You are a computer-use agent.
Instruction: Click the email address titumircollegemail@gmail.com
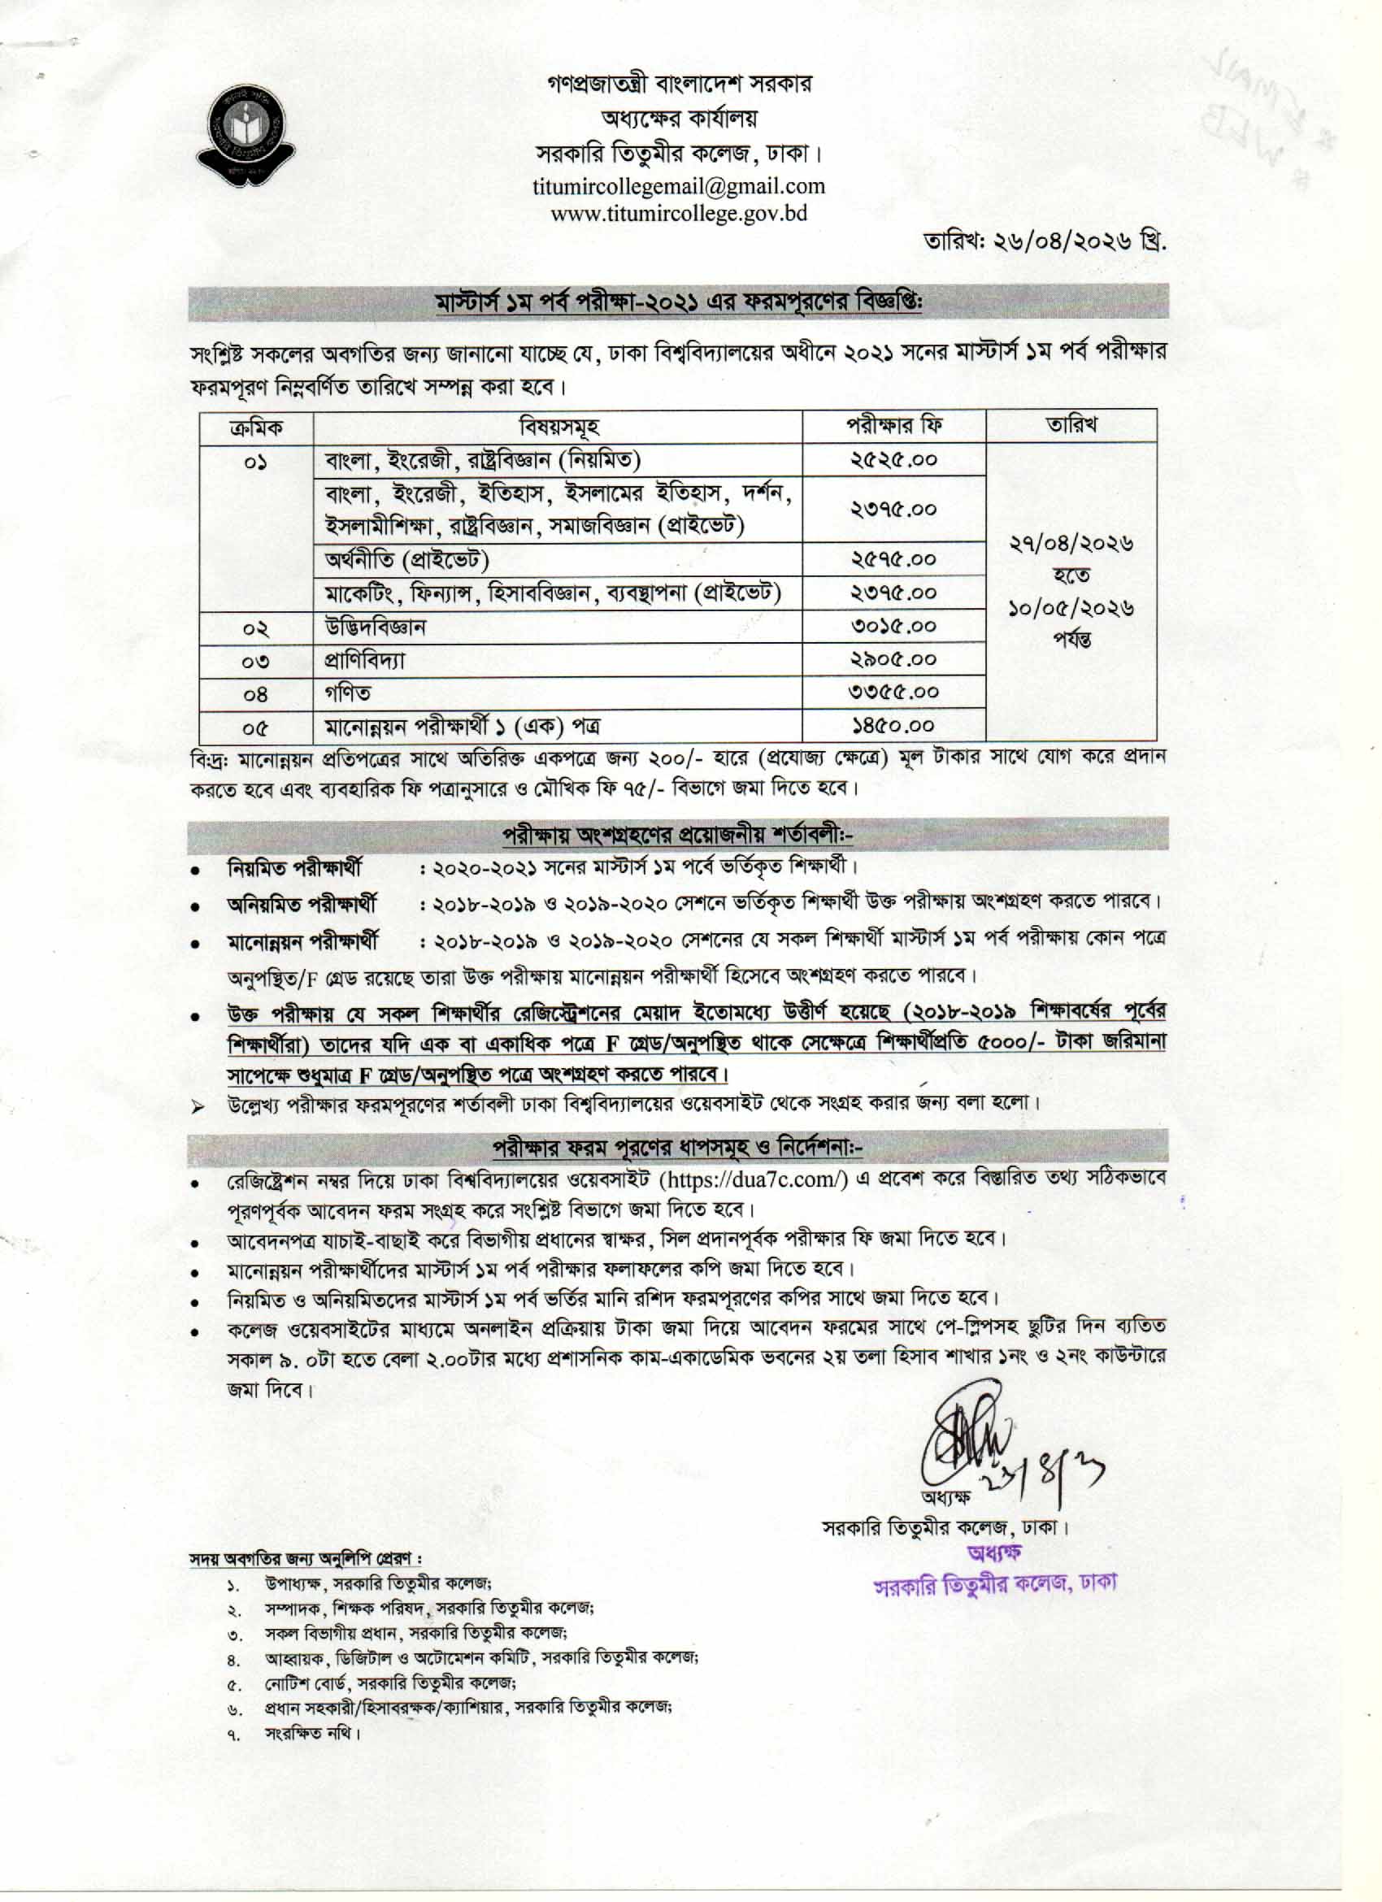(x=679, y=185)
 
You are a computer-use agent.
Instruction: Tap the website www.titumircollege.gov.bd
(x=679, y=213)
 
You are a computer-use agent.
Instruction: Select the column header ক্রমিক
(x=256, y=427)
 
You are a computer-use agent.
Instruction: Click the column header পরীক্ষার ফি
(x=893, y=425)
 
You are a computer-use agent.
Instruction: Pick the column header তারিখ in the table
(x=1071, y=425)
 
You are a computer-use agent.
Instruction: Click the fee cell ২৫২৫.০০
(x=893, y=459)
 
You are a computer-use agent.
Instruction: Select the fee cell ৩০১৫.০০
(x=893, y=626)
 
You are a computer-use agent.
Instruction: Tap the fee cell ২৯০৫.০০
(x=893, y=659)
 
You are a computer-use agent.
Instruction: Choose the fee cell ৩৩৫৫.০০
(x=893, y=692)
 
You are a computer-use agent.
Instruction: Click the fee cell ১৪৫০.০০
(x=893, y=724)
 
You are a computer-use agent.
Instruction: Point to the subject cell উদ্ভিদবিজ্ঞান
(x=376, y=627)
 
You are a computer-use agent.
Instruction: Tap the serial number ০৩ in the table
(x=256, y=661)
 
